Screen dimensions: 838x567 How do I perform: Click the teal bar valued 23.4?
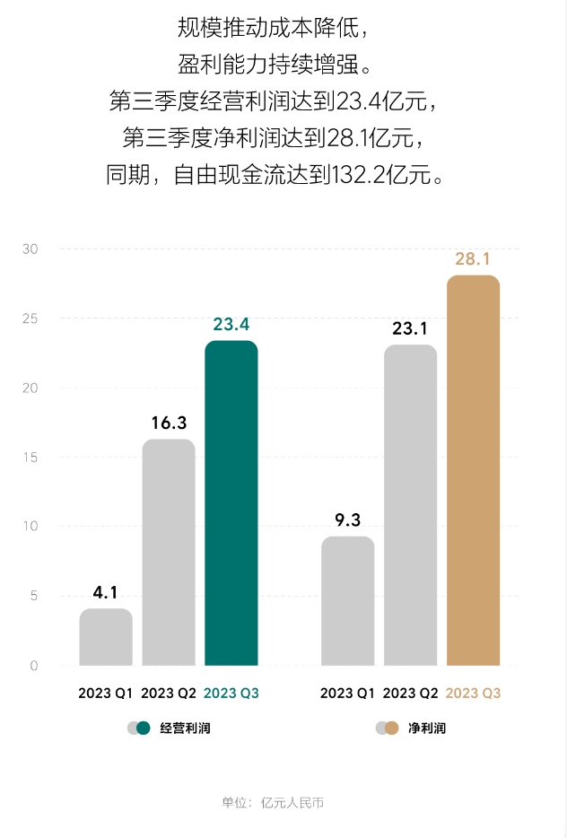tap(231, 503)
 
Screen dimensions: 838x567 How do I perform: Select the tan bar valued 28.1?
tap(473, 470)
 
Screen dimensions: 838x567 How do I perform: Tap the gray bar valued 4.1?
tap(106, 637)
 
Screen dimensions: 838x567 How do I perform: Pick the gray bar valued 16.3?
tap(169, 553)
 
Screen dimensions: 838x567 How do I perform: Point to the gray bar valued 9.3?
tap(347, 601)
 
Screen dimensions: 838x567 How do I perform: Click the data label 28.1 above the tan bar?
tap(473, 259)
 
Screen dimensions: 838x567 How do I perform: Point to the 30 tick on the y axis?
tap(31, 249)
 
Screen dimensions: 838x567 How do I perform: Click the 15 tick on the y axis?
tap(31, 458)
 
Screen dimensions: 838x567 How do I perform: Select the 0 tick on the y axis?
tap(34, 666)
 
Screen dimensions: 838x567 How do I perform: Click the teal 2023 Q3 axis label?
tap(231, 694)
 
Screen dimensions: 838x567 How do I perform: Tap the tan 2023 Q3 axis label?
tap(473, 694)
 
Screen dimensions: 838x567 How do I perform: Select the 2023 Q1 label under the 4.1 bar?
tap(106, 694)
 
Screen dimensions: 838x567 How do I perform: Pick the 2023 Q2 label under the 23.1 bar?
tap(410, 694)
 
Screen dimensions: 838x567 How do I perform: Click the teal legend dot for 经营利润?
tap(144, 729)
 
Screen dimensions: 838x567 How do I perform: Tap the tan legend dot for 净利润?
tap(391, 729)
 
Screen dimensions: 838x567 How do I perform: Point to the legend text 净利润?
tap(426, 729)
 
